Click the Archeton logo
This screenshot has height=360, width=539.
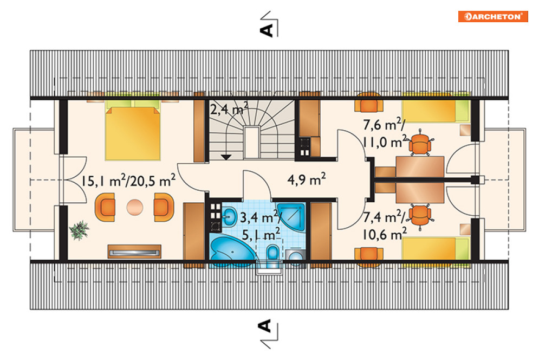tap(493, 16)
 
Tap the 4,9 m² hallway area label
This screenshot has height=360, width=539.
tap(307, 179)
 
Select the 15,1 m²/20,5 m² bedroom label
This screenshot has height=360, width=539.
tap(128, 180)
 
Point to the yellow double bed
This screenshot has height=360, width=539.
tap(133, 130)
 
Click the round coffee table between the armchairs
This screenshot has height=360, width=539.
tap(134, 207)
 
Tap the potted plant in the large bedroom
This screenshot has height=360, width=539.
tap(80, 230)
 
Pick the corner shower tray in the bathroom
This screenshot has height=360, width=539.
tap(291, 217)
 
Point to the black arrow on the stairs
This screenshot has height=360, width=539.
tap(226, 157)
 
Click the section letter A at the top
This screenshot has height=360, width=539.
tap(267, 30)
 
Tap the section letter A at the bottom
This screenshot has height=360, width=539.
tap(265, 326)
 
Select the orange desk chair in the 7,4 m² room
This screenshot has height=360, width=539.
tap(420, 214)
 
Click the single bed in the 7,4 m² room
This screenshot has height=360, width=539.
tap(436, 248)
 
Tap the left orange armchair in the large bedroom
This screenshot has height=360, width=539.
tap(105, 207)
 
